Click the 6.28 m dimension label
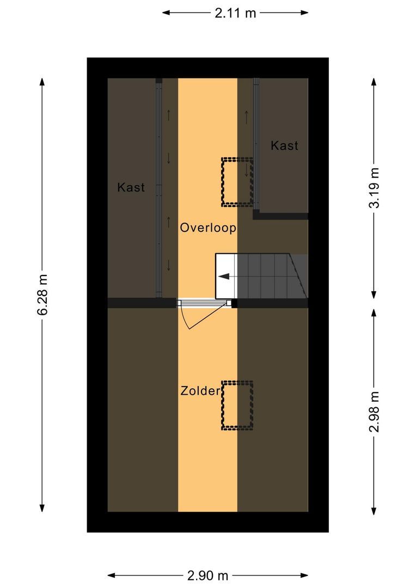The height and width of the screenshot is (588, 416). point(42,294)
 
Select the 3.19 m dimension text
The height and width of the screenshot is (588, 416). point(374,188)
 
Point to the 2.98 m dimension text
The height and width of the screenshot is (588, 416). point(374,412)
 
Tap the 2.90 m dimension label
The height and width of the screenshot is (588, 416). point(207,575)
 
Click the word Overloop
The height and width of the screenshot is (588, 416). point(208,228)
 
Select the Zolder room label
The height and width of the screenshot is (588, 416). point(200,391)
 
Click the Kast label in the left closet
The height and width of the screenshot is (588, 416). point(131,188)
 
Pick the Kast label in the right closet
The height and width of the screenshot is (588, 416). point(285,145)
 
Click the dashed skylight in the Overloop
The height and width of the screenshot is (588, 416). point(237,182)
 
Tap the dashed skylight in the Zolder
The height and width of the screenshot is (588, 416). point(237,405)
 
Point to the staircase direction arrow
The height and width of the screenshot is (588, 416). point(224,277)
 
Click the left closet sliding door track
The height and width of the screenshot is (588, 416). point(159,191)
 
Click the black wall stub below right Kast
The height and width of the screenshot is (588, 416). point(280,216)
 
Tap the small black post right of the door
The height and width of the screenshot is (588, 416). point(235,304)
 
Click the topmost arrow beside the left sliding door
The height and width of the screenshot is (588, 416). point(169,115)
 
